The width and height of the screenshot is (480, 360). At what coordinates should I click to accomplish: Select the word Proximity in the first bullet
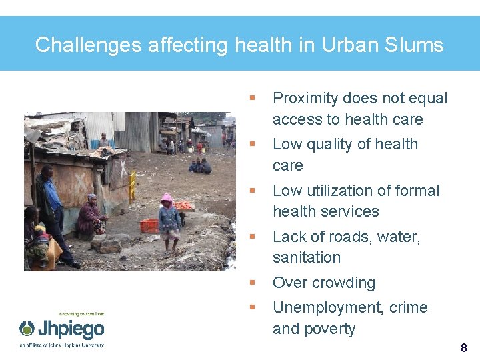click(x=305, y=99)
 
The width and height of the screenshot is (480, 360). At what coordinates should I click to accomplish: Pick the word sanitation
click(x=307, y=257)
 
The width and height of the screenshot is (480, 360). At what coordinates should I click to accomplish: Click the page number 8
click(x=464, y=347)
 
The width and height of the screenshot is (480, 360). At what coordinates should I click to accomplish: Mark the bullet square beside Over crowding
click(x=252, y=283)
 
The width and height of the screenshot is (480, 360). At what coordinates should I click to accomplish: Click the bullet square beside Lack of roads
click(x=252, y=237)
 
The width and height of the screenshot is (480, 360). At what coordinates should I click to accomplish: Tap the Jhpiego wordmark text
click(x=70, y=329)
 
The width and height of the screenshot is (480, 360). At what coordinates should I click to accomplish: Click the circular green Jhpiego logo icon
click(x=27, y=329)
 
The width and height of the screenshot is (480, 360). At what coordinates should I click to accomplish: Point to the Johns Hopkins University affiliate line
click(x=61, y=345)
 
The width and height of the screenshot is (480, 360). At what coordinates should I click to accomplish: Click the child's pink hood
click(x=166, y=199)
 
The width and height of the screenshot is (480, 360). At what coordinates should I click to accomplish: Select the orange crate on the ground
click(x=149, y=225)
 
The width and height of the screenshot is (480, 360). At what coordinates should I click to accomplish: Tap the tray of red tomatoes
click(x=183, y=206)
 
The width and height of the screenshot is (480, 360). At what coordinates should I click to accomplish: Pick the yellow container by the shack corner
click(x=132, y=185)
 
